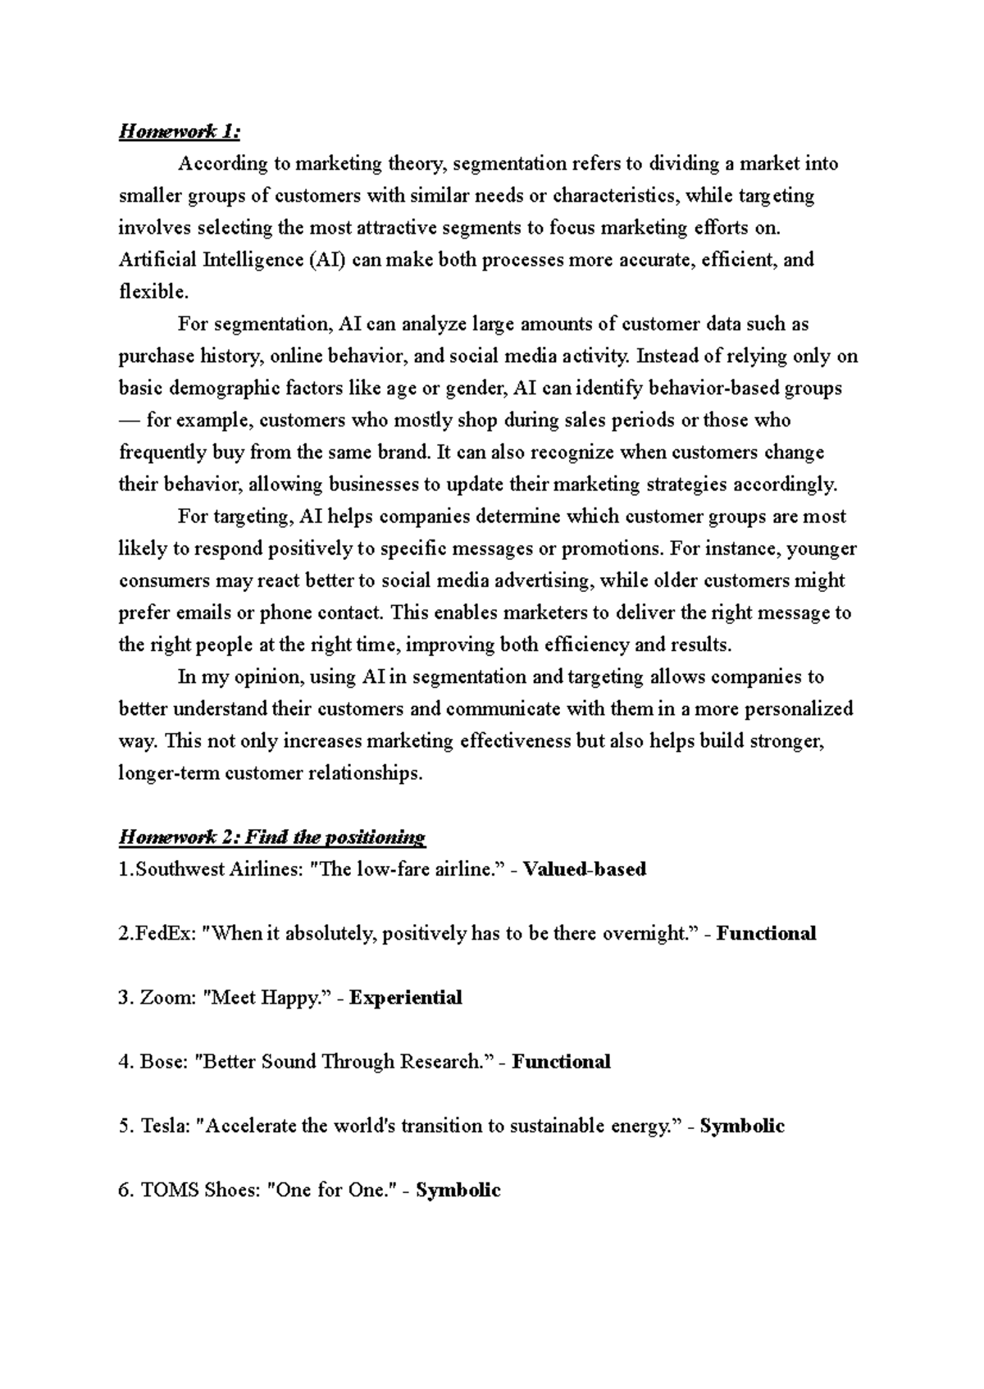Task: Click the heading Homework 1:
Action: tap(180, 131)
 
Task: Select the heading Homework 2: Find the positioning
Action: tap(272, 837)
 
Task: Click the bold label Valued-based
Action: tap(585, 869)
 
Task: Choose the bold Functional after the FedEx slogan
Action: tap(766, 933)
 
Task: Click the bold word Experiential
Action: tap(406, 997)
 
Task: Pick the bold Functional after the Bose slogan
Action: tap(561, 1062)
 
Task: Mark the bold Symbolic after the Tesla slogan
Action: tap(742, 1126)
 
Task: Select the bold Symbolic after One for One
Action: tap(458, 1191)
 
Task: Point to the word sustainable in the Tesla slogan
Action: tap(558, 1126)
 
